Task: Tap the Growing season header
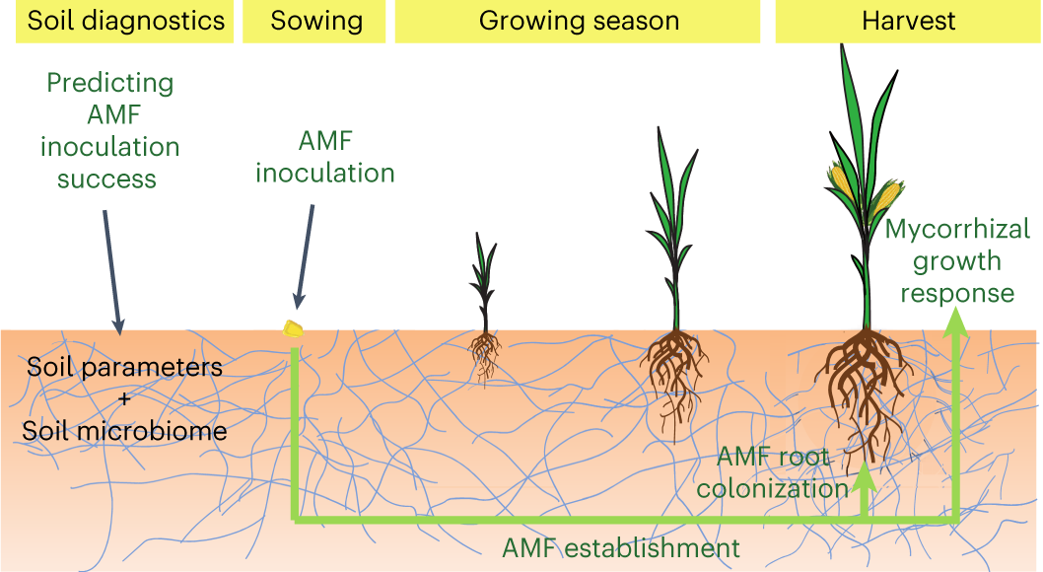tap(578, 22)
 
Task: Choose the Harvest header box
tap(907, 22)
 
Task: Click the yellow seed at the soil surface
tap(293, 329)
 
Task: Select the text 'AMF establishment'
tap(621, 547)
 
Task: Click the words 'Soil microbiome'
tap(125, 431)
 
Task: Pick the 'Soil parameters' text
tap(124, 368)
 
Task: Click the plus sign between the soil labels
tap(125, 399)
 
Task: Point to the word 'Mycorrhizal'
tap(957, 231)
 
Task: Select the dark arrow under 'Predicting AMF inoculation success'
tap(111, 267)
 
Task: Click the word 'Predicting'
tap(110, 82)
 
